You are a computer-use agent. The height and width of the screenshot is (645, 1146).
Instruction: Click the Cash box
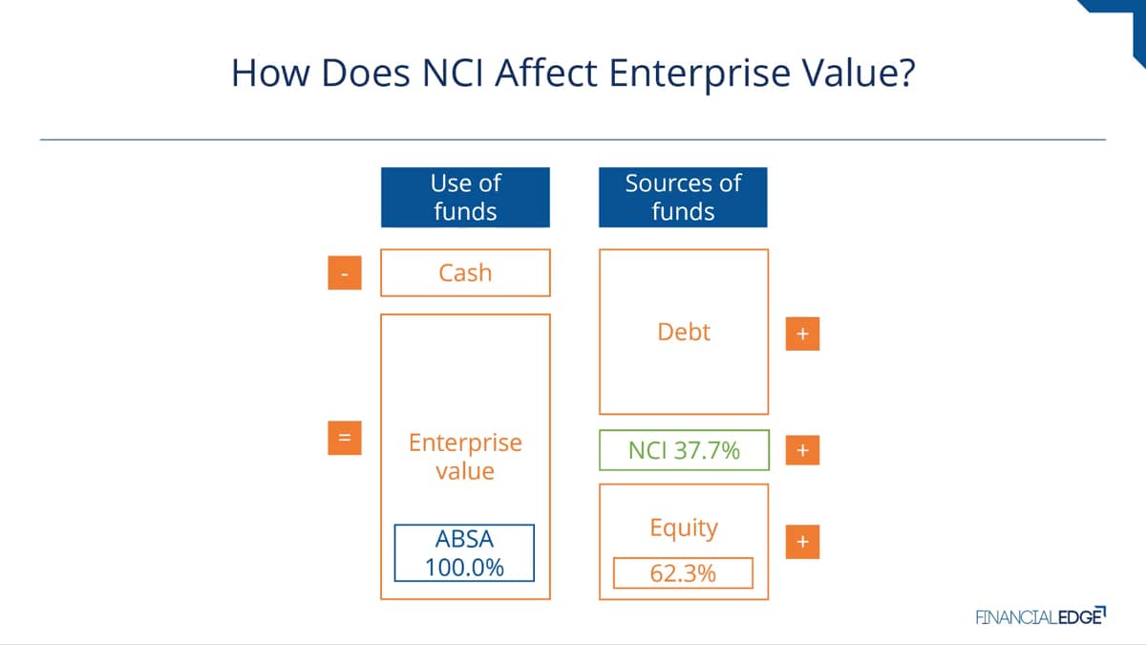(465, 273)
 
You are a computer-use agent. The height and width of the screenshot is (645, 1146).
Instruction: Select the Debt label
(684, 332)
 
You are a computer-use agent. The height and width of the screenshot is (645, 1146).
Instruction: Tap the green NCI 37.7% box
(684, 450)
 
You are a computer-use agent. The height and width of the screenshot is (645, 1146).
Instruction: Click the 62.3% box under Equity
(683, 572)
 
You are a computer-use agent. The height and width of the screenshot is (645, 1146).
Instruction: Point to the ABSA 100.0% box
(464, 553)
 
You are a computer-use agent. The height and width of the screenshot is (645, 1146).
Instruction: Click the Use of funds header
(465, 197)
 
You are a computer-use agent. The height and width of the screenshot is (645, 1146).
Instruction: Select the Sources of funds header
(683, 197)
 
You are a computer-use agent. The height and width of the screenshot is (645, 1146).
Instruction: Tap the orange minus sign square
(345, 273)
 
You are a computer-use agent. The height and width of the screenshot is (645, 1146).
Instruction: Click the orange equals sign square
(345, 438)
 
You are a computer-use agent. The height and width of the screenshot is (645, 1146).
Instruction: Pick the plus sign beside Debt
(802, 333)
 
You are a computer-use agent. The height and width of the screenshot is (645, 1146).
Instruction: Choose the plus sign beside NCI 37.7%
(802, 450)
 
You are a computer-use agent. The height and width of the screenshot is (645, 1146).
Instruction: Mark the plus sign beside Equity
(802, 542)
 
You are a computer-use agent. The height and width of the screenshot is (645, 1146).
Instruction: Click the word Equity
(684, 527)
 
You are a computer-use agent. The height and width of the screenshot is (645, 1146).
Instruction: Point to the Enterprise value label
(465, 457)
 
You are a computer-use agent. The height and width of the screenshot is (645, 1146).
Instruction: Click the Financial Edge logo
(1041, 616)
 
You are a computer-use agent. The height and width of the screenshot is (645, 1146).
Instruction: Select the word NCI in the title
(453, 73)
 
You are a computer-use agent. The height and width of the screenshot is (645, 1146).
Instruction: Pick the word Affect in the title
(546, 73)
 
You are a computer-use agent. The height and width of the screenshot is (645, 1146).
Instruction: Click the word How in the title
(270, 73)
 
